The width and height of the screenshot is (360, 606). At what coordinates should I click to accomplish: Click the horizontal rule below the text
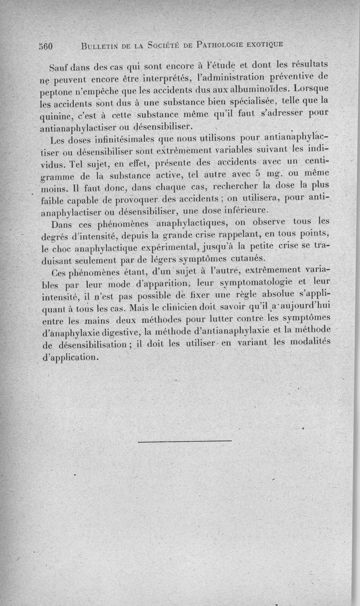point(185,440)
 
